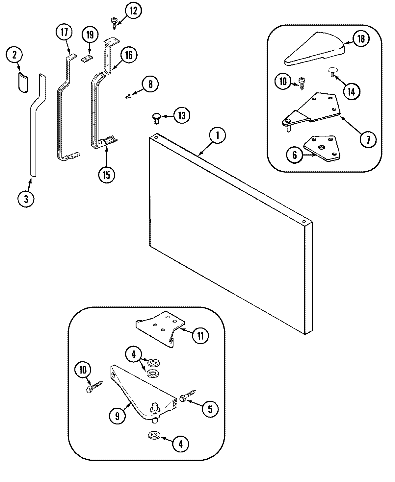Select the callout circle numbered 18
click(361, 39)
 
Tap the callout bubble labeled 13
click(182, 116)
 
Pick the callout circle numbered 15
click(106, 174)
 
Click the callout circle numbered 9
click(117, 416)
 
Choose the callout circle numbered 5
click(210, 409)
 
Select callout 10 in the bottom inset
click(83, 370)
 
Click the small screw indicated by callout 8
click(129, 96)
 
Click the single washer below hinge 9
click(153, 436)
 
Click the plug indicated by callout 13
click(156, 118)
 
